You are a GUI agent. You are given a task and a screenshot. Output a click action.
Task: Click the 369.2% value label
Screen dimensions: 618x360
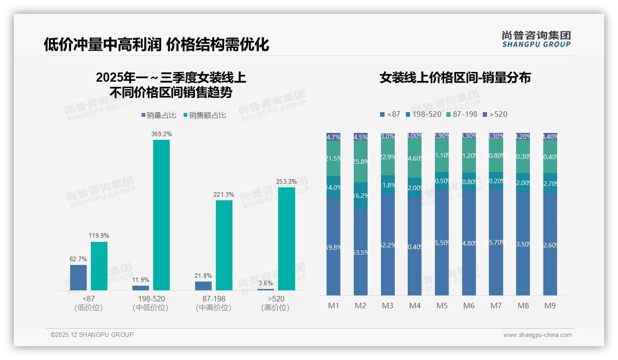pos(161,134)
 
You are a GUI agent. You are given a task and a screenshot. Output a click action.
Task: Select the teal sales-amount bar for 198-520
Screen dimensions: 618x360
pos(161,215)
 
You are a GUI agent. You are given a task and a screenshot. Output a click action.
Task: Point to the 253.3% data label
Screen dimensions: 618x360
pos(287,181)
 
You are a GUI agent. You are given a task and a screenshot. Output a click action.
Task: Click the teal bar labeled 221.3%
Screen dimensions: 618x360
pos(224,245)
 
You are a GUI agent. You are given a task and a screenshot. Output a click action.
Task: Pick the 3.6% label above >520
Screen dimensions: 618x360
pos(266,283)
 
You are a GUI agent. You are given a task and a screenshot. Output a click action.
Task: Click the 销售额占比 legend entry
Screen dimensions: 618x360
pos(205,115)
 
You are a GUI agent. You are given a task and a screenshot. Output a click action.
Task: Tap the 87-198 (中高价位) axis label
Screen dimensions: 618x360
pos(214,303)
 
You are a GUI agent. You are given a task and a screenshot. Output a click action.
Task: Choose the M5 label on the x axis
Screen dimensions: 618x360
pos(442,306)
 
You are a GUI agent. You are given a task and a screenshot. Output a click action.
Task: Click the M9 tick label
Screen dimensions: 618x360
pos(550,306)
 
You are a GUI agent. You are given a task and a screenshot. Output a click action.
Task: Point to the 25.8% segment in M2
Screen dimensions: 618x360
pos(361,162)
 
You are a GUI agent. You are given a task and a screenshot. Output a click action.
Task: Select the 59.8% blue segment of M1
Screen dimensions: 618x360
pos(333,247)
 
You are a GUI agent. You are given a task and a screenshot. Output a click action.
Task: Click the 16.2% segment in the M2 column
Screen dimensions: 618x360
pos(361,195)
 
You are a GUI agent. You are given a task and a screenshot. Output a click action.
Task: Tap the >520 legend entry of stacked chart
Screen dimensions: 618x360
pos(495,114)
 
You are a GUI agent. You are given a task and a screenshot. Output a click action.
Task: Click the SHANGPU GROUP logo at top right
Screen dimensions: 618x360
pos(536,39)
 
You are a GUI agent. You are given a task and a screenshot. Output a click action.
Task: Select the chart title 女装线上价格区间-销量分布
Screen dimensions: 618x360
pos(455,78)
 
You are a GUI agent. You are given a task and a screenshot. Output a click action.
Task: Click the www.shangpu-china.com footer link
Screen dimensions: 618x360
pos(537,335)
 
